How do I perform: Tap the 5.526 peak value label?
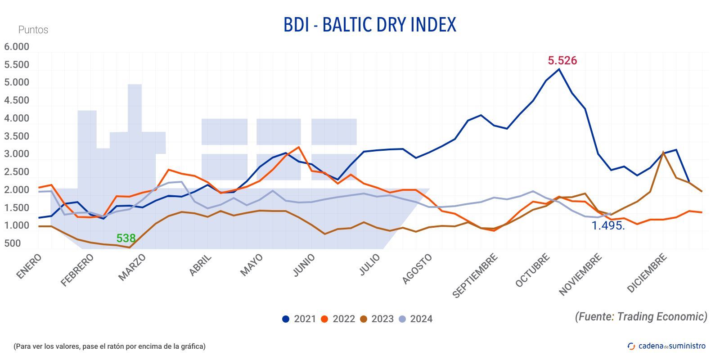(x=562, y=60)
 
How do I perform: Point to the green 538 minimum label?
(x=126, y=238)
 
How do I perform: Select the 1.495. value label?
(x=608, y=225)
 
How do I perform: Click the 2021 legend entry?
(x=299, y=319)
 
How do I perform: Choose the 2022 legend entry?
(x=338, y=319)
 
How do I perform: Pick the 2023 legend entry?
(x=377, y=319)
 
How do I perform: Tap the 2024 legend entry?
(x=415, y=319)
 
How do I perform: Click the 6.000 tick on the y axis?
(x=17, y=47)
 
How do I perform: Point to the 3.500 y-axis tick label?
(x=17, y=136)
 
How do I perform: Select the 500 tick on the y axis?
(x=13, y=243)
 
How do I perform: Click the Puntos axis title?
(x=33, y=30)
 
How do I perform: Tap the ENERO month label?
(x=29, y=266)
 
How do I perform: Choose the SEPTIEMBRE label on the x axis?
(x=475, y=275)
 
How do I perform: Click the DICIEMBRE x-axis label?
(x=647, y=273)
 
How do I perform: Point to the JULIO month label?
(x=370, y=265)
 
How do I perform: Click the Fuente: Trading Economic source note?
(x=641, y=316)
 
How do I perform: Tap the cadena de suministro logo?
(x=666, y=346)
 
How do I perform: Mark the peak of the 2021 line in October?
(x=559, y=69)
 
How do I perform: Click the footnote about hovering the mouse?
(x=109, y=346)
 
